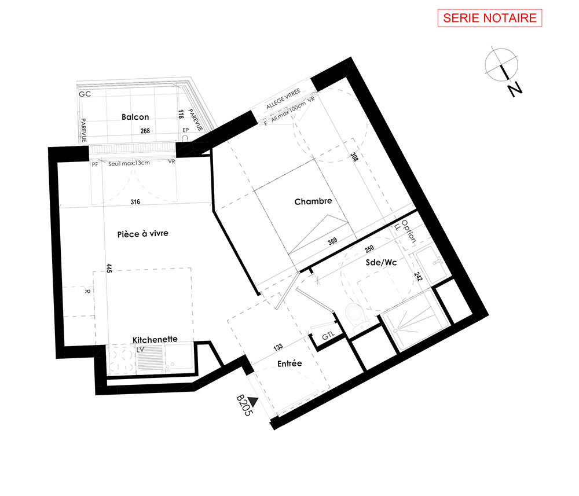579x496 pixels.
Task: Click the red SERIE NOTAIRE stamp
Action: tap(490, 18)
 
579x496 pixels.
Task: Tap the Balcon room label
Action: tap(135, 117)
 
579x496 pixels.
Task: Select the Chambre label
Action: tap(313, 201)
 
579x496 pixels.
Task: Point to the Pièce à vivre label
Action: tap(142, 234)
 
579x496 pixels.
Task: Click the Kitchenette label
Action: tap(155, 339)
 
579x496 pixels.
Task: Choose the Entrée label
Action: tap(289, 363)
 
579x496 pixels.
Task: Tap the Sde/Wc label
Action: tap(381, 262)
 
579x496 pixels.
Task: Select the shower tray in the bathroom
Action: tap(415, 319)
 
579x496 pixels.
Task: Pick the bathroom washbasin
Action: tap(432, 264)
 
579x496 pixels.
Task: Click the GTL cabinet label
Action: tap(328, 336)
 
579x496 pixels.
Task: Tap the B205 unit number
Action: tap(243, 405)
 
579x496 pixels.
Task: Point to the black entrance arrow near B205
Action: tap(253, 401)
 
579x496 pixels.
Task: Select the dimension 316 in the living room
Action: tap(135, 202)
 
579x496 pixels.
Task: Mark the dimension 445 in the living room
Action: tap(109, 269)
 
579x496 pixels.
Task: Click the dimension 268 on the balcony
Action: tap(145, 131)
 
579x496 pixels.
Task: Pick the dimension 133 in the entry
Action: tap(278, 347)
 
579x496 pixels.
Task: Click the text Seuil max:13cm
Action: tap(129, 163)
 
